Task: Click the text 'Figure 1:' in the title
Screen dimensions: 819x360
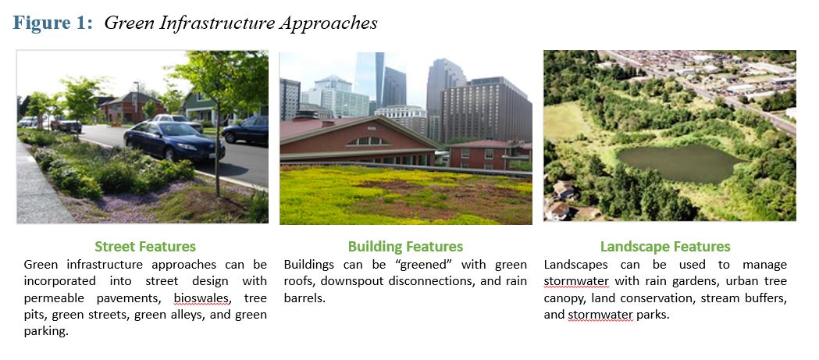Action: pyautogui.click(x=53, y=23)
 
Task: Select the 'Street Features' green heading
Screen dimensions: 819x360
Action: pyautogui.click(x=145, y=247)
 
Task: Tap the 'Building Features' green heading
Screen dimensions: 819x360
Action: pyautogui.click(x=405, y=247)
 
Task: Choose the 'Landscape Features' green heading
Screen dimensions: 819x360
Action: pyautogui.click(x=665, y=247)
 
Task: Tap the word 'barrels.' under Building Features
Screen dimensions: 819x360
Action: pyautogui.click(x=304, y=298)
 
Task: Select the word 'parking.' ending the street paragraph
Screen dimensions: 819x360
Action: pyautogui.click(x=46, y=332)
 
